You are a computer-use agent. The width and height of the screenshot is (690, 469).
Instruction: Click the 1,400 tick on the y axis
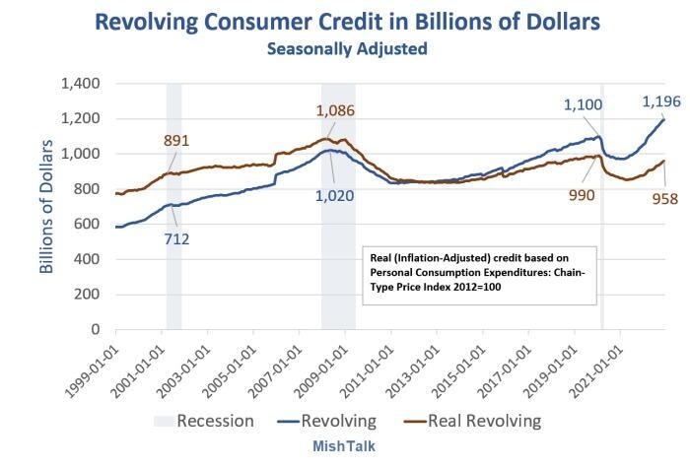82,84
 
